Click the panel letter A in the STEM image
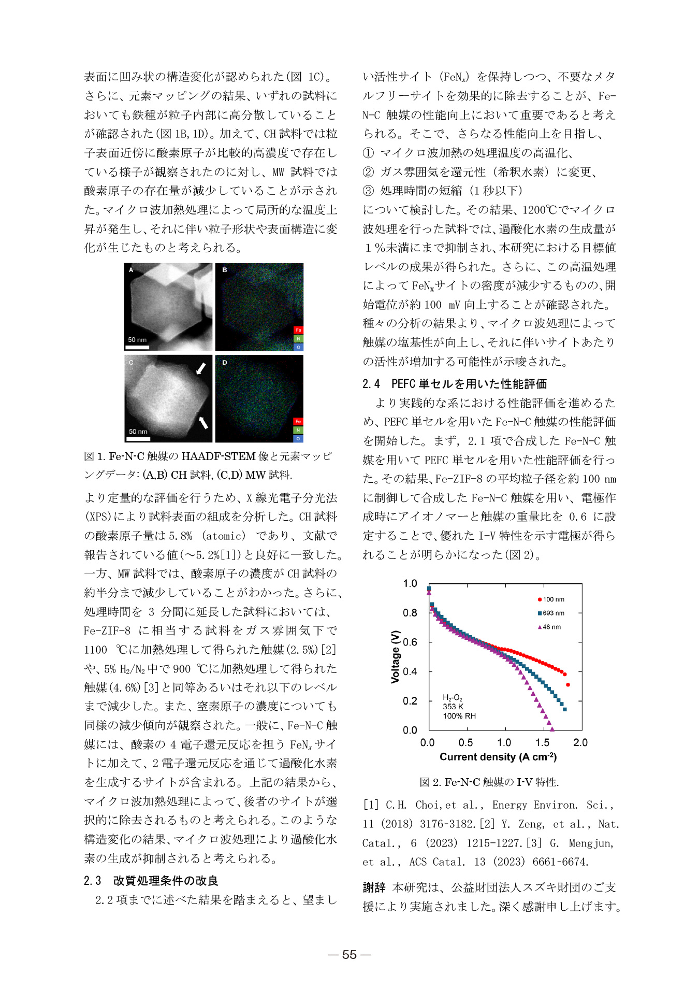click(131, 269)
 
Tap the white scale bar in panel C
click(138, 439)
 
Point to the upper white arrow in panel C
click(201, 368)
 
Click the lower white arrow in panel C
click(203, 422)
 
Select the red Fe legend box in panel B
click(298, 330)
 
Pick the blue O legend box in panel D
click(298, 438)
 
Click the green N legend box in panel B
click(298, 339)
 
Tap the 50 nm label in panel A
click(137, 340)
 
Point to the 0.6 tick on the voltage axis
click(410, 642)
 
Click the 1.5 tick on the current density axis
click(542, 742)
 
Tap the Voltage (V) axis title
click(396, 657)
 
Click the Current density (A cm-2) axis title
click(498, 757)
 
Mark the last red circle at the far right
click(568, 685)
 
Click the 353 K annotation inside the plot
click(453, 707)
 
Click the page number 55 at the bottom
click(349, 955)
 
